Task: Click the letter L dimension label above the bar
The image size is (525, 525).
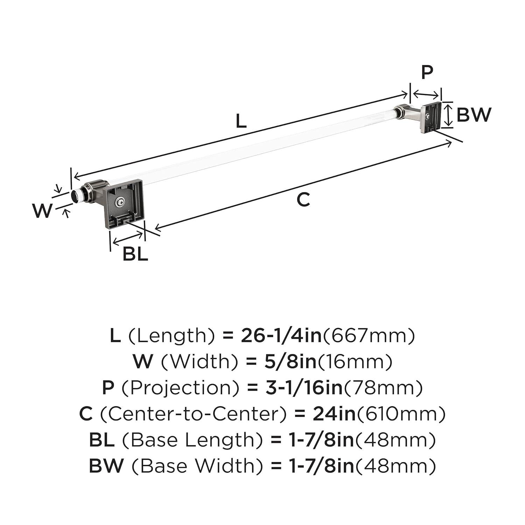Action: coord(241,121)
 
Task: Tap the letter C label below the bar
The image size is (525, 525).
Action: coord(303,200)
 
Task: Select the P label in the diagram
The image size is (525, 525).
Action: coord(427,72)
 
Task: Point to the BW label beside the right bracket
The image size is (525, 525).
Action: coord(474,114)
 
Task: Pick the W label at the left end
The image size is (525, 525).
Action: coord(42,211)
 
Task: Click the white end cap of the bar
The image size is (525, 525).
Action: coord(75,196)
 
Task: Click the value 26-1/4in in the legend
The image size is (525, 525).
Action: coord(281,335)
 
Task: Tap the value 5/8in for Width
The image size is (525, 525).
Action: coord(281,361)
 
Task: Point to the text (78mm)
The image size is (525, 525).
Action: coord(384,387)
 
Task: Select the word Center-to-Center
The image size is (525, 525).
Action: coord(194,414)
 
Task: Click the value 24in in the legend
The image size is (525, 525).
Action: coord(334,414)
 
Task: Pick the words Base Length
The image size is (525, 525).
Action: coord(192,440)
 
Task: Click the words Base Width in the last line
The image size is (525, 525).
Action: coord(197,466)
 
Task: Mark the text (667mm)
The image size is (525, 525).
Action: coord(369,335)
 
